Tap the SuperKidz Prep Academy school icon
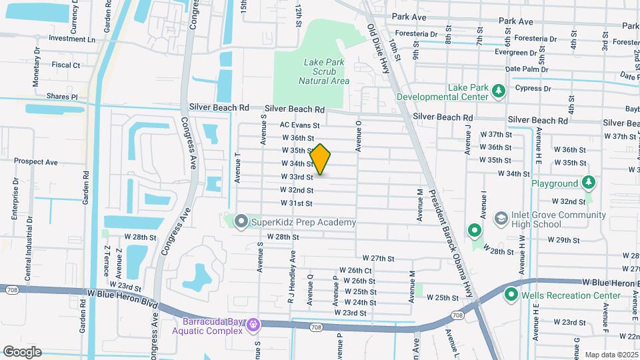click(x=241, y=221)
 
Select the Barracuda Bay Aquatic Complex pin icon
click(x=253, y=325)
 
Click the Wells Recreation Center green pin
click(x=512, y=294)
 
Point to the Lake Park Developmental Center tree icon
click(x=497, y=91)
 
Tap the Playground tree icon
click(x=587, y=183)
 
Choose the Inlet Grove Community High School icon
click(x=501, y=219)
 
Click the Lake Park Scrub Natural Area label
click(x=324, y=71)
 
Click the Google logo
click(x=22, y=351)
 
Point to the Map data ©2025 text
click(x=611, y=355)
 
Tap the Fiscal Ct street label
click(x=65, y=65)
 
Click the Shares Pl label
click(x=62, y=97)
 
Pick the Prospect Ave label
click(x=36, y=161)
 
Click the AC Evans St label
click(x=300, y=125)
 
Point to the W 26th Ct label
click(x=355, y=270)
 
